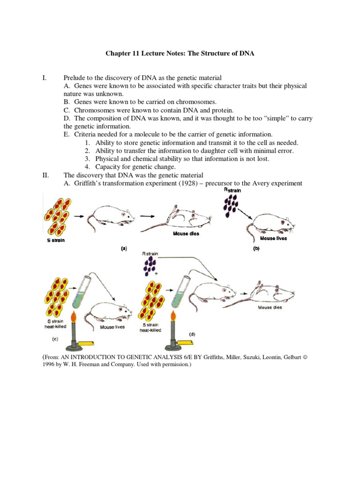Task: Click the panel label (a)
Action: [x=124, y=248]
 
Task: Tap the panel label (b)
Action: [x=256, y=248]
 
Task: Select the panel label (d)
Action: [x=192, y=334]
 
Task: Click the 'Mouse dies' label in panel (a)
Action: [x=187, y=234]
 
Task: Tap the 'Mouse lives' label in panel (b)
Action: [x=273, y=238]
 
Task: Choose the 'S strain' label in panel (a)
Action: [x=55, y=240]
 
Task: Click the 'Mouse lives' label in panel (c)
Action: [x=112, y=327]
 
